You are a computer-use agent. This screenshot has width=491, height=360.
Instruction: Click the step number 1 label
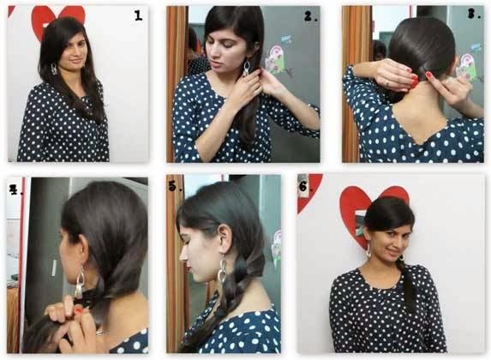coord(138,15)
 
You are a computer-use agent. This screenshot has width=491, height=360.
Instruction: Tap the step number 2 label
coord(310,16)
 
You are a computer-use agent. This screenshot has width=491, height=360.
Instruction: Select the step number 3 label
coord(474,14)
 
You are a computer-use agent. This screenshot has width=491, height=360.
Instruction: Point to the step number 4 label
coord(15,189)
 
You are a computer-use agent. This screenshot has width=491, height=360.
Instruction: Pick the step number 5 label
coord(175,186)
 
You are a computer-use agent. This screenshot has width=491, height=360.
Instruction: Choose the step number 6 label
coord(305,186)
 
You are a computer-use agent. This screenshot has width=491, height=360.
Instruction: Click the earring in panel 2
coord(247,69)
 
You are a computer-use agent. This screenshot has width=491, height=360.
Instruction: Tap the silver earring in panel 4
coord(80,282)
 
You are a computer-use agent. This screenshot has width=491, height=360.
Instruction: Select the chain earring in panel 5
coord(222,269)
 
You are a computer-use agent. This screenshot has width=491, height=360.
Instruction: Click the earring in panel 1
coord(54,69)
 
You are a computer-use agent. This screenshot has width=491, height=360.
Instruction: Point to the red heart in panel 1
coord(58,19)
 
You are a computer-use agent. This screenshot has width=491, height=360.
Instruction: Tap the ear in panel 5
coord(225,239)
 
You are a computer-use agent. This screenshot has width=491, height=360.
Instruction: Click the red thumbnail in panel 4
coord(78,311)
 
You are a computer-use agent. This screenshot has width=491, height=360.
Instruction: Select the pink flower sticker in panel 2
coord(275,59)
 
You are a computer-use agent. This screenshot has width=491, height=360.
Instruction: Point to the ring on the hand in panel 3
coord(387,83)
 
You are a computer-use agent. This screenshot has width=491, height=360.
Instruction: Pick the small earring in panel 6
coord(369,250)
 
